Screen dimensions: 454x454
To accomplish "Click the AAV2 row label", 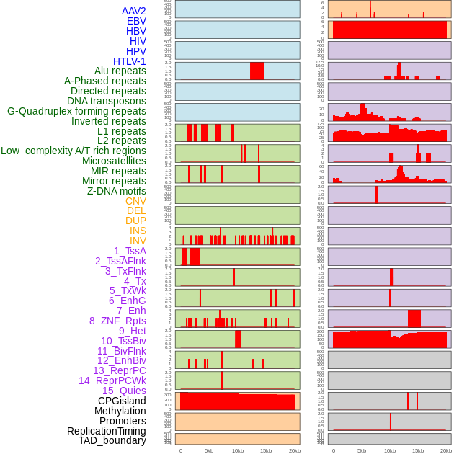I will point(134,11).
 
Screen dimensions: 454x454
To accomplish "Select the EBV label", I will point(136,21).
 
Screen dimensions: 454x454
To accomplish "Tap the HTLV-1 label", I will point(129,61).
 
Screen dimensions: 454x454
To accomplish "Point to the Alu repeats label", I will point(120,71).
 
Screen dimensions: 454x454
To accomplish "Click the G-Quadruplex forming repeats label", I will point(76,111).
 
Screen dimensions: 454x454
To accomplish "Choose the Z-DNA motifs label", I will point(117,191).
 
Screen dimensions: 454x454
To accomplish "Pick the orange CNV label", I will point(135,201).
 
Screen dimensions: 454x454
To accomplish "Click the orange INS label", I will point(138,231).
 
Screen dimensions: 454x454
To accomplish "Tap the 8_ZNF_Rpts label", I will point(117,321).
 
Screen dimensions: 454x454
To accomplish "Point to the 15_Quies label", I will point(124,391).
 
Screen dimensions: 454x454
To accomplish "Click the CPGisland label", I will point(122,401).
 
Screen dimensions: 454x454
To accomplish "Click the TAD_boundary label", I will point(112,440).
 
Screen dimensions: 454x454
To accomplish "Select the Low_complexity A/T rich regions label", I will point(74,151).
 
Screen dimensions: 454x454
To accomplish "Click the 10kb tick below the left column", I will point(238,450).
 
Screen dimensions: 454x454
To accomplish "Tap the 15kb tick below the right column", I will point(418,450).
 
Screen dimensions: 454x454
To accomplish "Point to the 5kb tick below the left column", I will point(209,450).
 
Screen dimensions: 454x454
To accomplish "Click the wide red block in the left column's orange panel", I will point(238,401).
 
